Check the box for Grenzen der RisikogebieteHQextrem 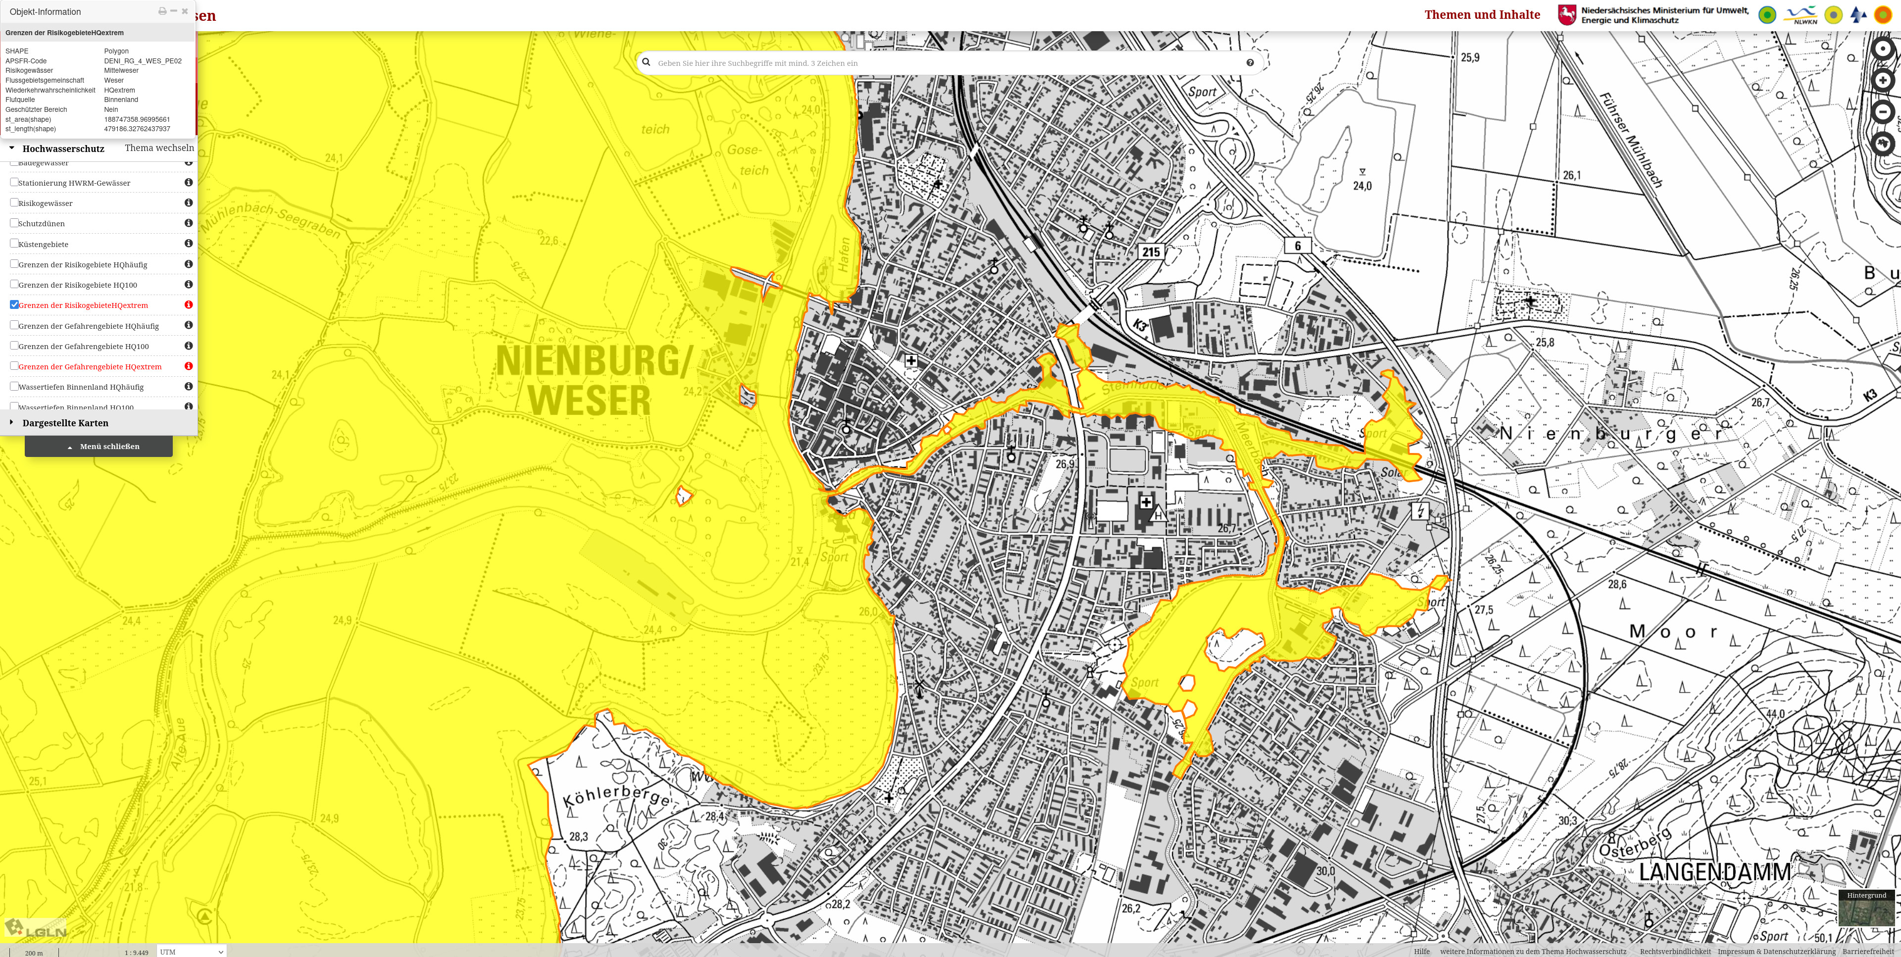14,305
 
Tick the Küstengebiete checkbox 14,244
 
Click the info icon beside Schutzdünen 188,223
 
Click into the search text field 945,63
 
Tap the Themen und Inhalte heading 1482,15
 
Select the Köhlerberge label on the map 617,796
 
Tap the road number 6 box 1298,246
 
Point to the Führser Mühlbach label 1631,140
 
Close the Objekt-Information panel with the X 185,11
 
